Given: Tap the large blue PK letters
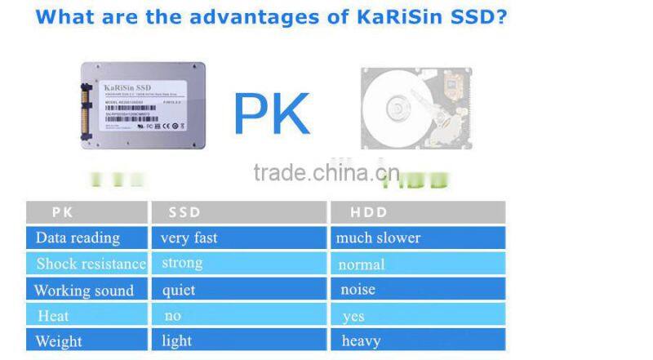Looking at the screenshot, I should point(271,115).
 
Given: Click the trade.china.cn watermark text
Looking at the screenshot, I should point(326,173).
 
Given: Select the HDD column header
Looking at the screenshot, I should point(368,212).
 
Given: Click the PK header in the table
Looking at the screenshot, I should point(63,212).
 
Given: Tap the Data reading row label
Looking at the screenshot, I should point(78,238).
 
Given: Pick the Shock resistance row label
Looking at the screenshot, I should point(90,264).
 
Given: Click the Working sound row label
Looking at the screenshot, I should point(83,291).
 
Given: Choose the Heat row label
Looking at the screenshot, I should point(53,316).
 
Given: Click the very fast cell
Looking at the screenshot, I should point(189,238).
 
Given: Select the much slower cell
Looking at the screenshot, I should point(378,238).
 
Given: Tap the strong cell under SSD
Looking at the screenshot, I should point(181,263).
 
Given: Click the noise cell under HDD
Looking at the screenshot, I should point(358,290).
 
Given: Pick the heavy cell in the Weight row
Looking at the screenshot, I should point(361,340).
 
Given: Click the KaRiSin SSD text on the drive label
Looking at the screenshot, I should point(127,87).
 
